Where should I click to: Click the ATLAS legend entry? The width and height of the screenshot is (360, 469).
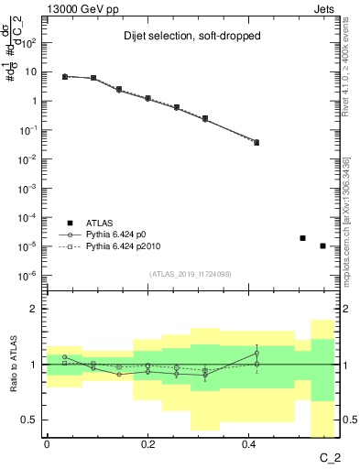(100, 223)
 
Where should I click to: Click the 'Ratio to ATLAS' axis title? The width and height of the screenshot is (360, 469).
(12, 364)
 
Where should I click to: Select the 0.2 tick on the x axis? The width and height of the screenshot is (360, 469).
(148, 444)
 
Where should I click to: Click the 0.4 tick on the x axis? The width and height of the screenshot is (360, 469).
(249, 444)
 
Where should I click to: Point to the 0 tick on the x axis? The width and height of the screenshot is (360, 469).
(47, 444)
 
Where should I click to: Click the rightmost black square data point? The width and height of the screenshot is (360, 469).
(322, 245)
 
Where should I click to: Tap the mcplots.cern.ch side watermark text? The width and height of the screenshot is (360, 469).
(354, 220)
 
